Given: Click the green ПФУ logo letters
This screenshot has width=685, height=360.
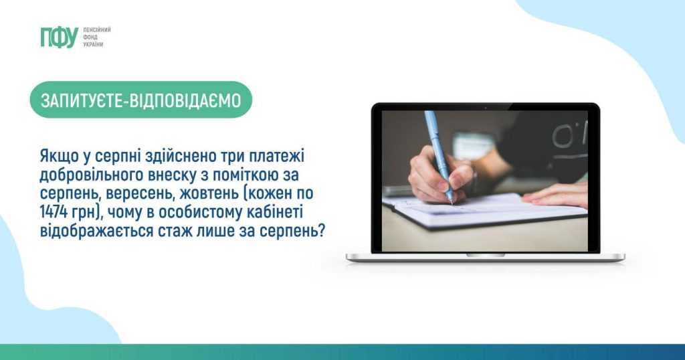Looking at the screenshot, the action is [59, 37].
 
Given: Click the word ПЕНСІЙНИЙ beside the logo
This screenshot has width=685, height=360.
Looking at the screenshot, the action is [97, 29].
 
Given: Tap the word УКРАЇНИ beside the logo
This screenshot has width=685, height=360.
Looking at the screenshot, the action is [93, 45].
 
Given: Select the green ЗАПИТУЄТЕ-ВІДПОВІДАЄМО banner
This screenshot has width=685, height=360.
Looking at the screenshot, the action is [140, 100].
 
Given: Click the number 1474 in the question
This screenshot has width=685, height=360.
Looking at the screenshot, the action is [52, 212].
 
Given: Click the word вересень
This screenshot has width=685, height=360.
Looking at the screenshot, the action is [138, 194].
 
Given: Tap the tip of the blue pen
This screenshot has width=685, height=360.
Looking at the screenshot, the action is [452, 203].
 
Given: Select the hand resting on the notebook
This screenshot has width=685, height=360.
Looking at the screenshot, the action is [555, 195].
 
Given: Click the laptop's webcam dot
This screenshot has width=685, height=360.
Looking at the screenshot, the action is [486, 106].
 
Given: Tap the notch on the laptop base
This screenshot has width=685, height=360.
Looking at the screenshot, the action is [486, 255].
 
